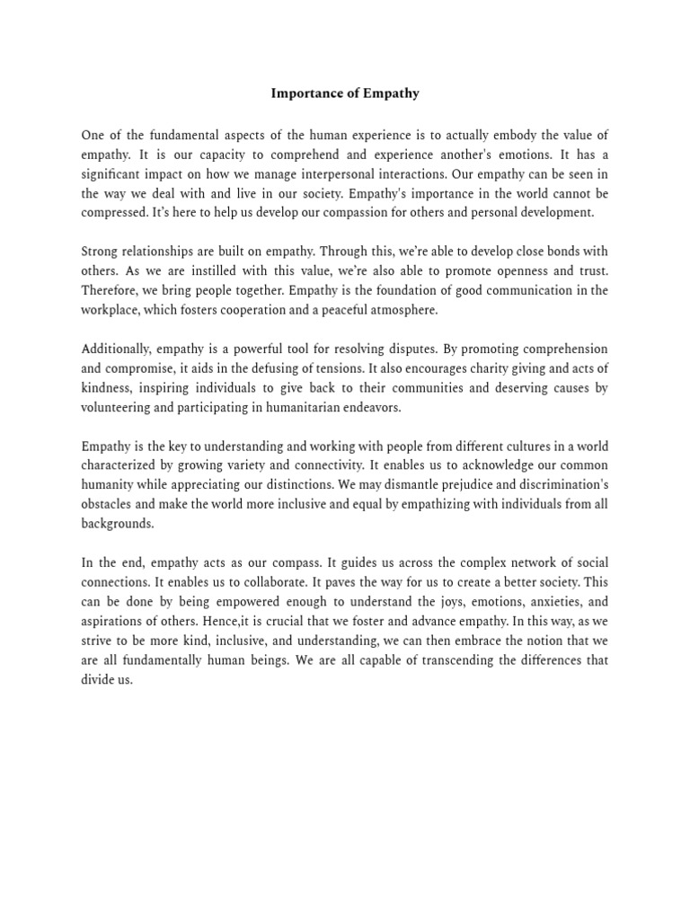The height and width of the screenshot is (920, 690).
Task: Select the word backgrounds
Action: pyautogui.click(x=118, y=524)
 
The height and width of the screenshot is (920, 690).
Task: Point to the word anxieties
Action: pyautogui.click(x=549, y=602)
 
